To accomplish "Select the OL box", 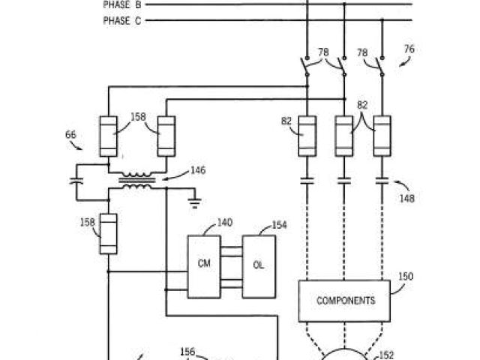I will tap(258, 265).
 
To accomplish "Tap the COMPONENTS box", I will tap(345, 301).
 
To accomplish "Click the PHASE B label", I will tap(121, 4).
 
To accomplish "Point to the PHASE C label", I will tap(121, 21).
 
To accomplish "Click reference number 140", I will tap(224, 222).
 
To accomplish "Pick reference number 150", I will tap(406, 277).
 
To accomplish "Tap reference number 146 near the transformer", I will tap(198, 171).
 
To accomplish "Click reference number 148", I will tap(407, 199).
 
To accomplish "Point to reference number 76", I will tap(409, 49).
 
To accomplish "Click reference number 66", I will tap(71, 135).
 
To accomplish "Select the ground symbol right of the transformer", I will tap(194, 199).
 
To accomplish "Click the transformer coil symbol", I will tap(135, 181).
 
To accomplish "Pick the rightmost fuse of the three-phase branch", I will tap(382, 136).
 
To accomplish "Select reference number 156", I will tap(187, 350).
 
